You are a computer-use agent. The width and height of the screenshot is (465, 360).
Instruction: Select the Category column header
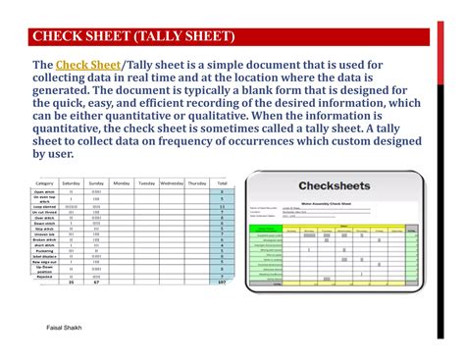pyautogui.click(x=44, y=183)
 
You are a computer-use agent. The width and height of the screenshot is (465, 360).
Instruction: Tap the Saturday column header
pyautogui.click(x=72, y=183)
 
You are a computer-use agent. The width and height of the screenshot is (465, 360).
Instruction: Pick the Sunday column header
pyautogui.click(x=96, y=183)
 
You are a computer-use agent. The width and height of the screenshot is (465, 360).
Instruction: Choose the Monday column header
pyautogui.click(x=122, y=183)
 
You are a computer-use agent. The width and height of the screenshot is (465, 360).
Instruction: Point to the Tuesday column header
pyautogui.click(x=146, y=183)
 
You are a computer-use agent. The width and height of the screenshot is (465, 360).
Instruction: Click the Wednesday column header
pyautogui.click(x=172, y=183)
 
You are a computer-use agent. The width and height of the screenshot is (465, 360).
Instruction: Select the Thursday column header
pyautogui.click(x=197, y=183)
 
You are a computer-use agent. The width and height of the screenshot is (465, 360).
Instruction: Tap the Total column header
pyautogui.click(x=223, y=183)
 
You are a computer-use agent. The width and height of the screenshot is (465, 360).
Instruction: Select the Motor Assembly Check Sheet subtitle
pyautogui.click(x=334, y=203)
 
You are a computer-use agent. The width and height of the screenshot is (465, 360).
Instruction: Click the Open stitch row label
pyautogui.click(x=44, y=192)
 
